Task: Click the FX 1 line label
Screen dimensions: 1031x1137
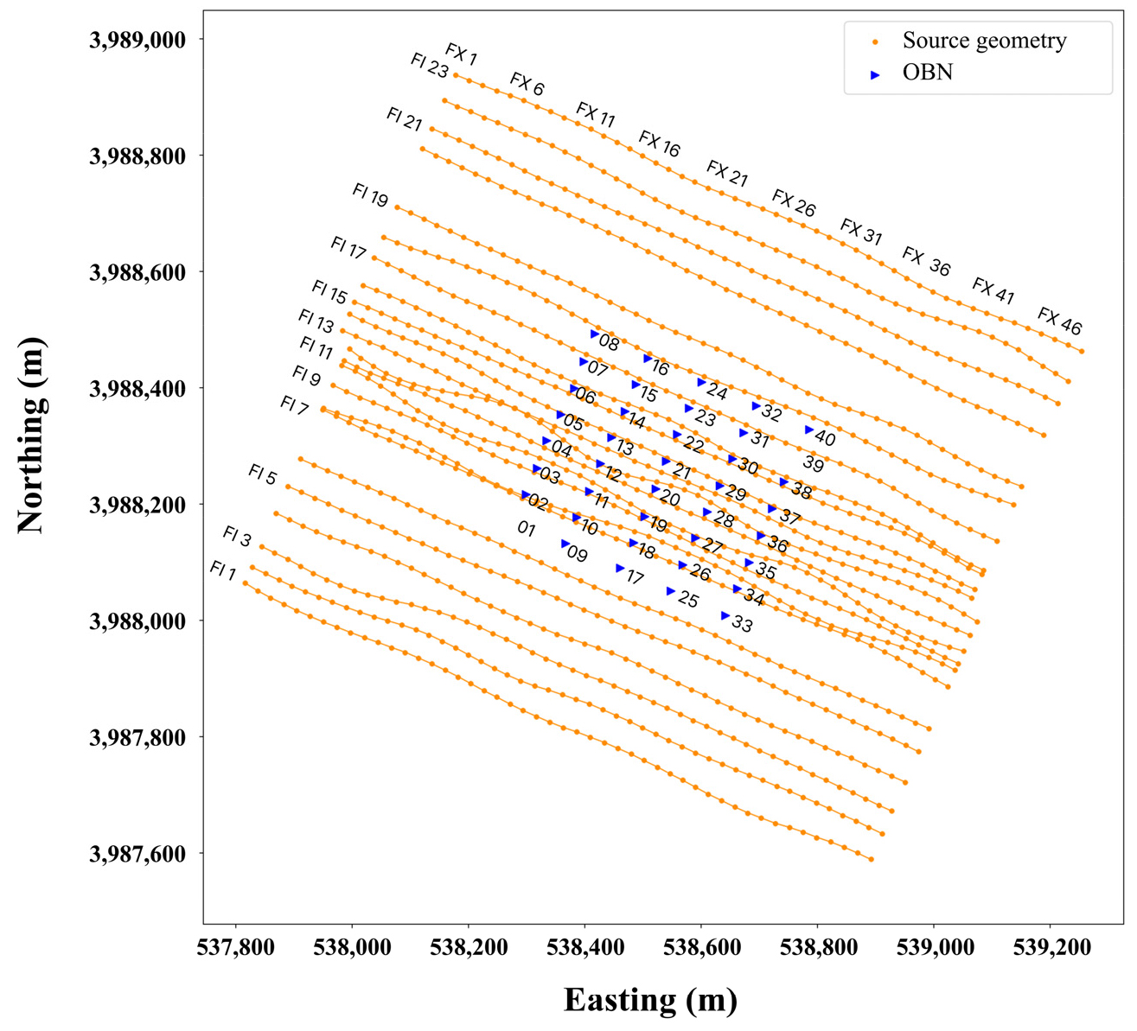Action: tap(461, 54)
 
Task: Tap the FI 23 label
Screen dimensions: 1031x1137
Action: tap(429, 66)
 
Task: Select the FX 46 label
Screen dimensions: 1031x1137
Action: tap(1059, 321)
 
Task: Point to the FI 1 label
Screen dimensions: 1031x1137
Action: tap(222, 570)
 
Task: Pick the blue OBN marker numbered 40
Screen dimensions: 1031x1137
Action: tap(809, 430)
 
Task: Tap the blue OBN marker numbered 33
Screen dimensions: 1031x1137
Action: tap(725, 615)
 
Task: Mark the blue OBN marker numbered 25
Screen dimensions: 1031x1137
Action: tap(670, 591)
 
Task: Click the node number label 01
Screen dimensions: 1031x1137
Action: tap(526, 529)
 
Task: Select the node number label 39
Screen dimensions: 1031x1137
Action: tap(811, 462)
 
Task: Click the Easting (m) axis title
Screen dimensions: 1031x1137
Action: tap(650, 1000)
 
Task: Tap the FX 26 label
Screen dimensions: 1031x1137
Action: tap(793, 204)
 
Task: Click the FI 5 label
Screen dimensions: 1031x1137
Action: tap(262, 474)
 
